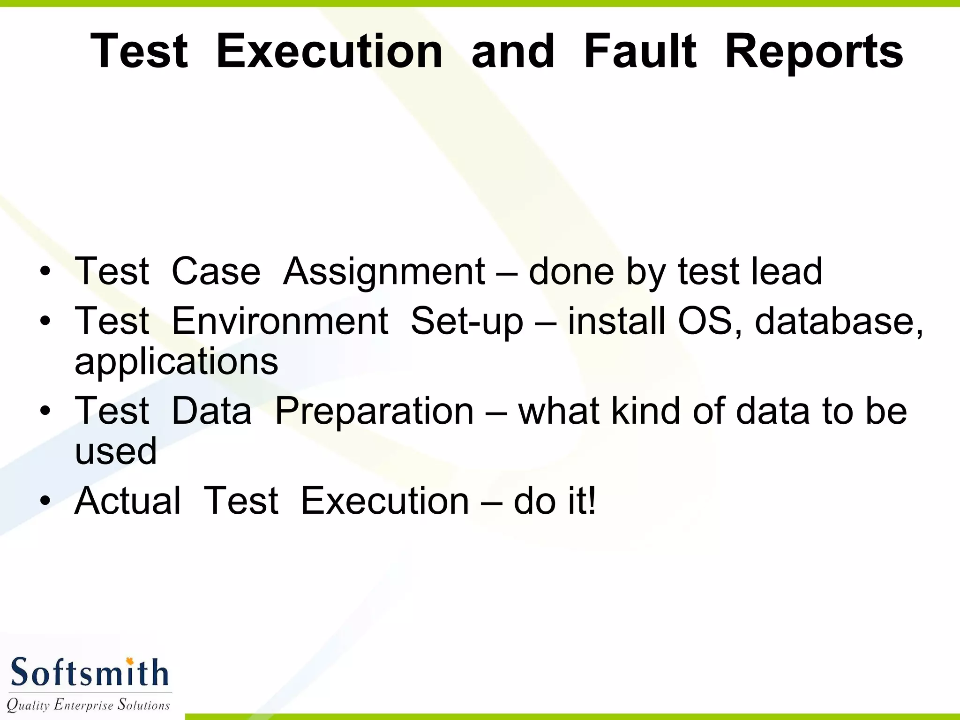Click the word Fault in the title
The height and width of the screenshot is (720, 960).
click(x=640, y=51)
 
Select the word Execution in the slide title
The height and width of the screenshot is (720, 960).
click(x=330, y=51)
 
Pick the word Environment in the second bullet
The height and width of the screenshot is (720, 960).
click(x=280, y=321)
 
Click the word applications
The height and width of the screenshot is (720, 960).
click(x=176, y=362)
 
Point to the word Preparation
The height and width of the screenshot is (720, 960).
click(x=374, y=411)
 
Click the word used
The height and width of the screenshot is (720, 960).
click(x=116, y=451)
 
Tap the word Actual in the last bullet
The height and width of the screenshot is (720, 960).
click(x=127, y=501)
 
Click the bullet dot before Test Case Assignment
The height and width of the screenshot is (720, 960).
click(x=45, y=271)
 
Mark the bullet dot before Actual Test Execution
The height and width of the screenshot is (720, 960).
click(x=45, y=501)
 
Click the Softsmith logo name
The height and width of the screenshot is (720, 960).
click(x=89, y=673)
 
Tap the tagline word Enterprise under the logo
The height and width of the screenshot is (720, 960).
click(x=83, y=705)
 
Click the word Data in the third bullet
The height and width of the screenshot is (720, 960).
click(x=211, y=411)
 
